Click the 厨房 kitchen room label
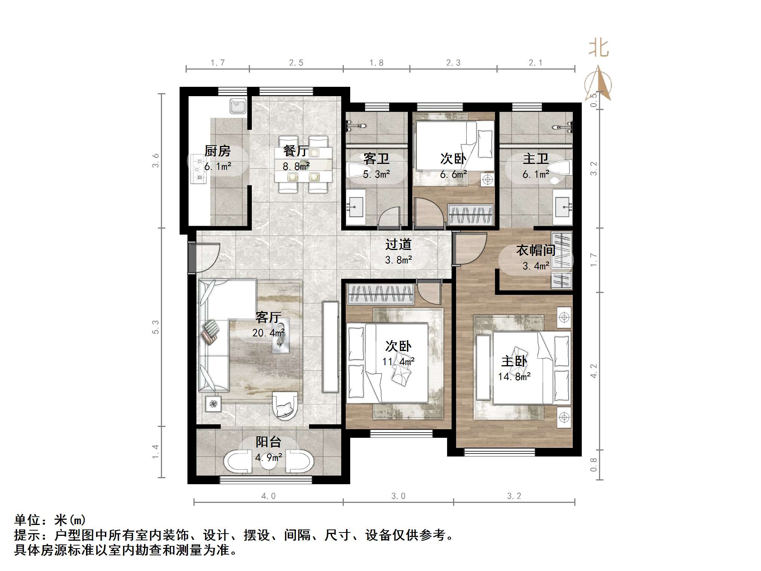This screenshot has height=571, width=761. pos(217,151)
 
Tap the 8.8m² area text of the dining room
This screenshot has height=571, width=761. pos(296,167)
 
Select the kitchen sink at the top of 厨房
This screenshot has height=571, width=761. pos(238,106)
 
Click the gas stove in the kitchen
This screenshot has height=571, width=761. pos(198,169)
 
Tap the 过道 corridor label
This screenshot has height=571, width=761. pos(398,244)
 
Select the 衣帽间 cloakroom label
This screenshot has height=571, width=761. pos(535,250)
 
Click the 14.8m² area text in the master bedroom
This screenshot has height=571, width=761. pos(514,377)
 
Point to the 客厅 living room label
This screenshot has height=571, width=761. pos(268,317)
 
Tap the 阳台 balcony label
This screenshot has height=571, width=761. pos(268,442)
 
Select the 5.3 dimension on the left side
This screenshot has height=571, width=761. pos(155,327)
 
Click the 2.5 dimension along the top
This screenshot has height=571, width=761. pos(296,63)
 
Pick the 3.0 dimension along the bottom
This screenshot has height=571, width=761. pos(398,496)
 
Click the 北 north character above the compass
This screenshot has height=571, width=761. pos(598,49)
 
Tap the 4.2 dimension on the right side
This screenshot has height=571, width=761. pos(594,371)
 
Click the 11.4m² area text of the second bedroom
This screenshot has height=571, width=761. pos(398,362)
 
